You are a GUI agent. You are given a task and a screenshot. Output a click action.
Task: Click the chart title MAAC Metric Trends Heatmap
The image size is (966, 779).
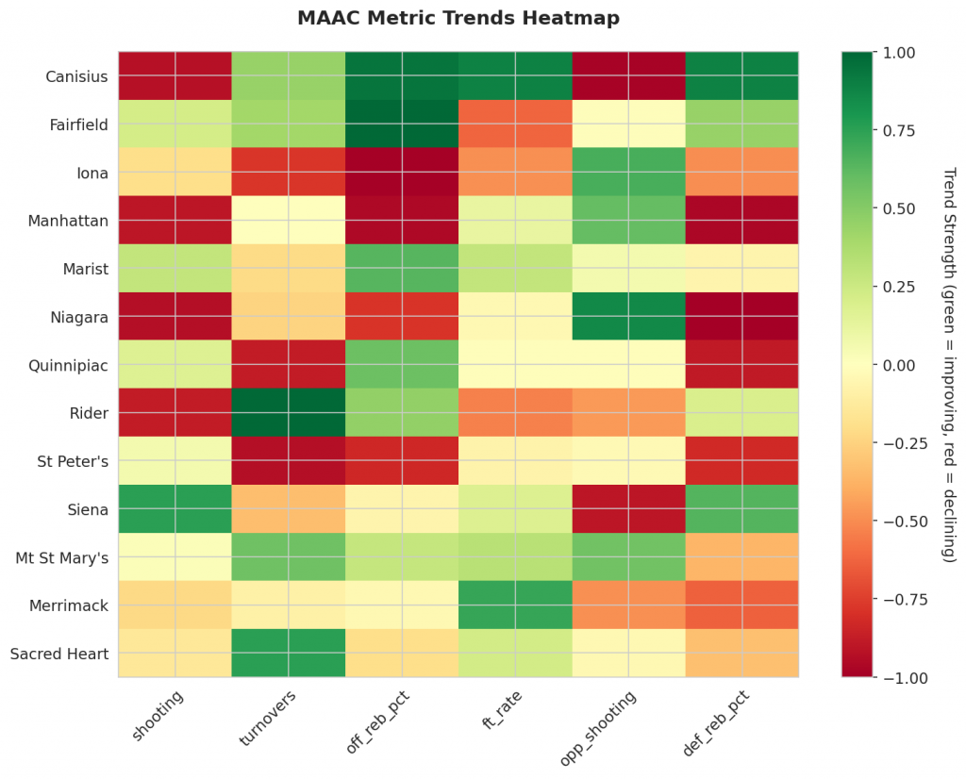458,18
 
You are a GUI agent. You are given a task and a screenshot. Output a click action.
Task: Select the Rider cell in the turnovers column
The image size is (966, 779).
289,412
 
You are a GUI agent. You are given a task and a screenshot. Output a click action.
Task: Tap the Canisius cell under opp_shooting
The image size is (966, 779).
628,75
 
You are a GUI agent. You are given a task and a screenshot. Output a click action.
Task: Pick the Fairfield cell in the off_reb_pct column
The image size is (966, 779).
402,124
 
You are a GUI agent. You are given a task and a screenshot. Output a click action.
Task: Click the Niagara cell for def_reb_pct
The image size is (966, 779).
741,316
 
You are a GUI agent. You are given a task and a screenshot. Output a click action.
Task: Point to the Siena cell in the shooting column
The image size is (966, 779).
175,508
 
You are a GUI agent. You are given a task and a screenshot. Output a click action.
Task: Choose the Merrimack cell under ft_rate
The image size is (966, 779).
515,605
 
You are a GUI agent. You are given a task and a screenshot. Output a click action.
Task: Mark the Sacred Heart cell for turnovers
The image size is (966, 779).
289,653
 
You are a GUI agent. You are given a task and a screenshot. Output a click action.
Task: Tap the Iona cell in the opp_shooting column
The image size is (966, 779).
628,172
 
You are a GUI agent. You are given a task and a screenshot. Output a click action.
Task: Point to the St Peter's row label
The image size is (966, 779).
72,461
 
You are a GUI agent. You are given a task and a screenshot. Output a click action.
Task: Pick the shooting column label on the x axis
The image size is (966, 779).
159,716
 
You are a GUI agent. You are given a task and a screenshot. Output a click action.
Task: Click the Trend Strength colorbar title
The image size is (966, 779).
949,365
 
